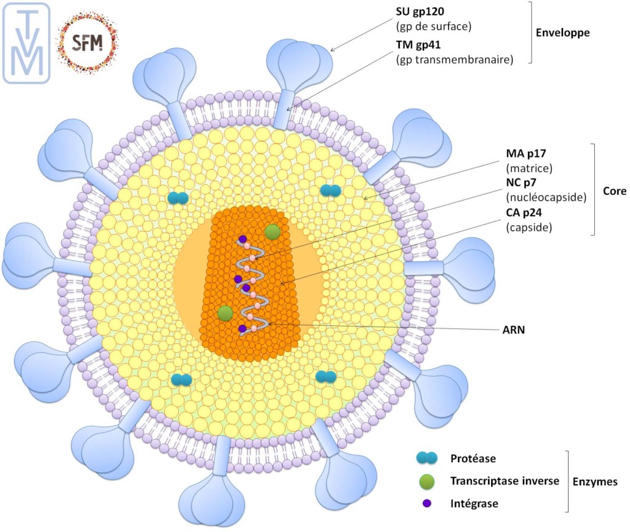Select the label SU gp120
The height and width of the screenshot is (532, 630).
click(420, 12)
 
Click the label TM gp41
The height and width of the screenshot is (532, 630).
click(419, 45)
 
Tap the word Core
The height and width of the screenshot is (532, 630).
click(614, 191)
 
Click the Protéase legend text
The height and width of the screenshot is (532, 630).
click(472, 458)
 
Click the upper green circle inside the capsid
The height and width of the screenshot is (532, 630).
click(273, 232)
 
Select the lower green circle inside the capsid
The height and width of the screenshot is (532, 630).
click(225, 313)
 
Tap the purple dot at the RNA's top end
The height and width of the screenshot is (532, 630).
click(243, 239)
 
